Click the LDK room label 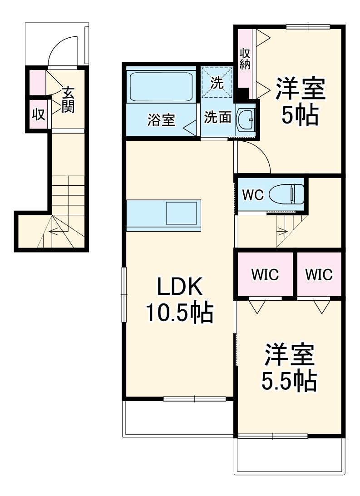(x=179, y=287)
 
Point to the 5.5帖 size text (x=289, y=381)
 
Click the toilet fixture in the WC (x=287, y=194)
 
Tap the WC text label (x=252, y=195)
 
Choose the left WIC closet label (x=265, y=274)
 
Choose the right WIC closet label (x=319, y=274)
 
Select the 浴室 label (x=161, y=120)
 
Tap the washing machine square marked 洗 (x=217, y=83)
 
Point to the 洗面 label (x=217, y=118)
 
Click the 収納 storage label (x=245, y=59)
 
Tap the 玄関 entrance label (x=68, y=100)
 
